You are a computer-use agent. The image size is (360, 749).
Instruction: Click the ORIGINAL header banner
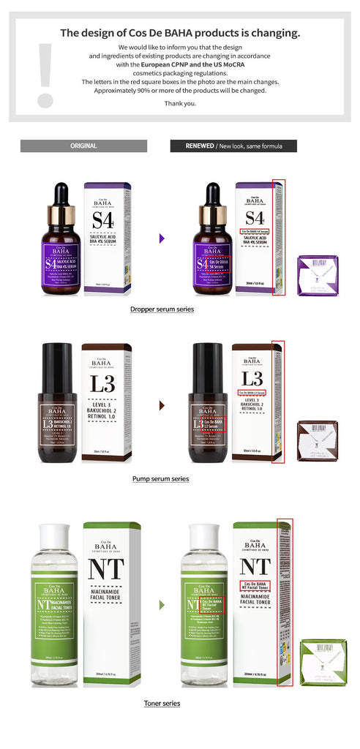[x=83, y=146]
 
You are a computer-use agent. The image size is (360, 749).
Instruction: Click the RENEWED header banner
[x=233, y=146]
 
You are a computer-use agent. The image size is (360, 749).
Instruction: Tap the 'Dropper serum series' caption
[x=162, y=309]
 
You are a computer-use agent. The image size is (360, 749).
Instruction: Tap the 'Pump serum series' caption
[x=160, y=478]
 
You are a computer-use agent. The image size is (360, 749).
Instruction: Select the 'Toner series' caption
[x=162, y=703]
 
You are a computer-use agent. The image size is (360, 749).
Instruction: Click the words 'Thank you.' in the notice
[x=180, y=103]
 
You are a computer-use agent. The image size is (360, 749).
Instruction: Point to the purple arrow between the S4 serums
[x=162, y=238]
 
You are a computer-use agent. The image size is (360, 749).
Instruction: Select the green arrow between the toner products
[x=162, y=605]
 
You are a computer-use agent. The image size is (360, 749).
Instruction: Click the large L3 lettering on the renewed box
[x=252, y=378]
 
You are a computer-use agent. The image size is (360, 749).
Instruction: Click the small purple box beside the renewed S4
[x=318, y=275]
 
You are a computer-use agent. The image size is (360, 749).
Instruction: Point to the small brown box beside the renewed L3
[x=317, y=440]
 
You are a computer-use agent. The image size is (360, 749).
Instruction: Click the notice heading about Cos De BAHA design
[x=180, y=33]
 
